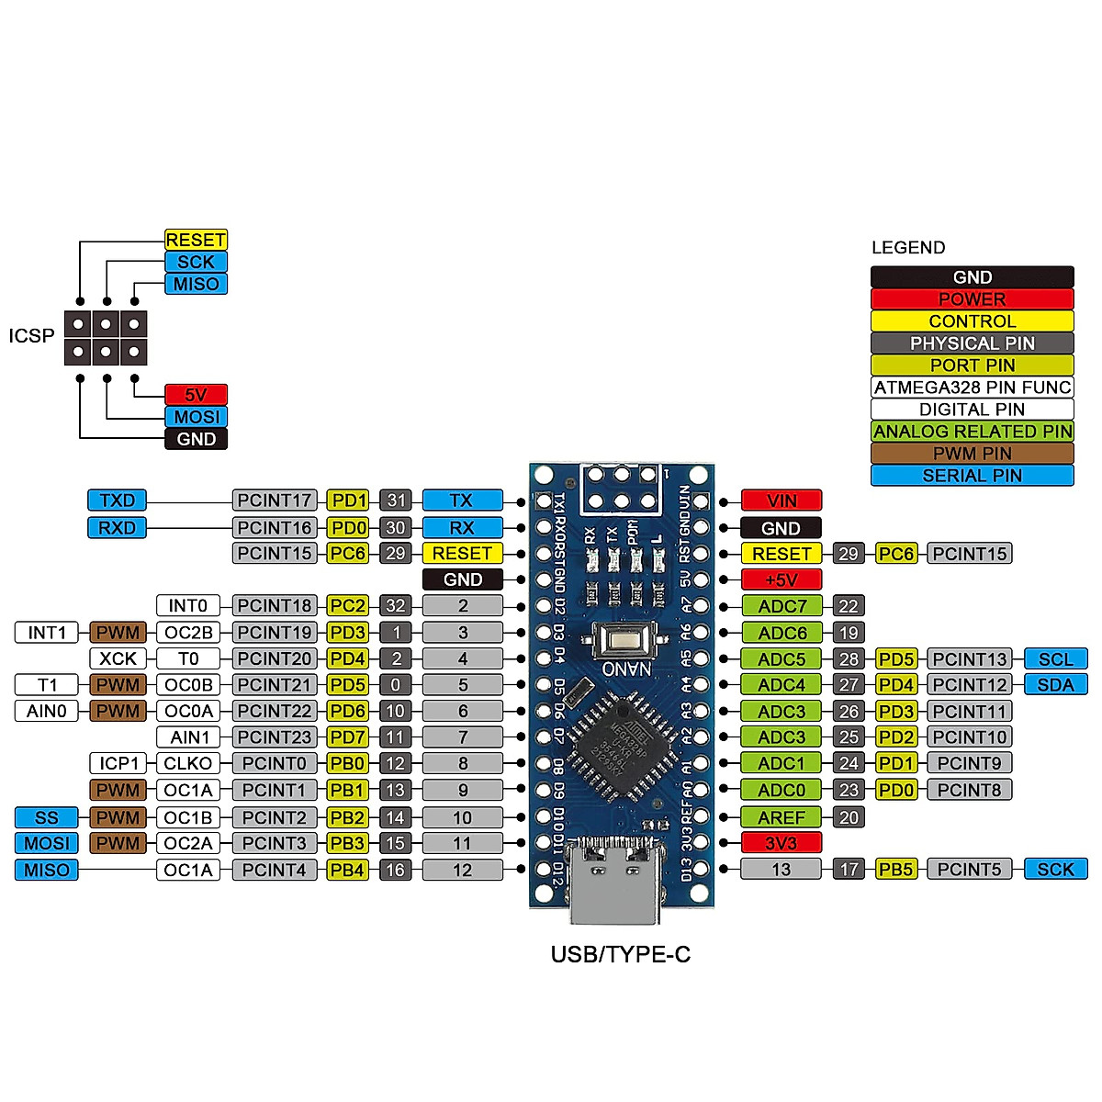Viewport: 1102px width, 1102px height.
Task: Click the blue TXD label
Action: coord(117,500)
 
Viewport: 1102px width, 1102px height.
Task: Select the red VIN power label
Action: coord(781,500)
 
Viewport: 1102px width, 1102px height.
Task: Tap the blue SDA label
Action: coord(1055,685)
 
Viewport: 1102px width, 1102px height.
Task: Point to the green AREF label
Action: coord(781,817)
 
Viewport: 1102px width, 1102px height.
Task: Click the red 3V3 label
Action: coord(781,843)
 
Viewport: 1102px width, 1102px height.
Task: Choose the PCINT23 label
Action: coord(275,737)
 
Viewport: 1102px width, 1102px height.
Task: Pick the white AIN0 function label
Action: coord(47,711)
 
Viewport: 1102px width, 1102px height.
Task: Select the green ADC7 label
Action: coord(781,606)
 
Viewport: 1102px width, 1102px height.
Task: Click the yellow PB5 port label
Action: coord(895,869)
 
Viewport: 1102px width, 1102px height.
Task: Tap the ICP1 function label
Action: coord(118,763)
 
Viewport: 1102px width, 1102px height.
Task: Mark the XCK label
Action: coord(118,658)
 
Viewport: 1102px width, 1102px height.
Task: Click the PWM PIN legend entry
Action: coord(972,454)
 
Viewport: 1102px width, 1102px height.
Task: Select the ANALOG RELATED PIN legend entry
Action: coord(972,432)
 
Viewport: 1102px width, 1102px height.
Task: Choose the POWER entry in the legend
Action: coord(972,299)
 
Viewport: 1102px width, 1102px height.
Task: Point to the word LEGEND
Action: coord(907,248)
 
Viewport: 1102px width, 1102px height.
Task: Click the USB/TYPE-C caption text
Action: coord(620,955)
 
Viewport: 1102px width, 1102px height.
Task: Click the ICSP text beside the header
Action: coord(32,336)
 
